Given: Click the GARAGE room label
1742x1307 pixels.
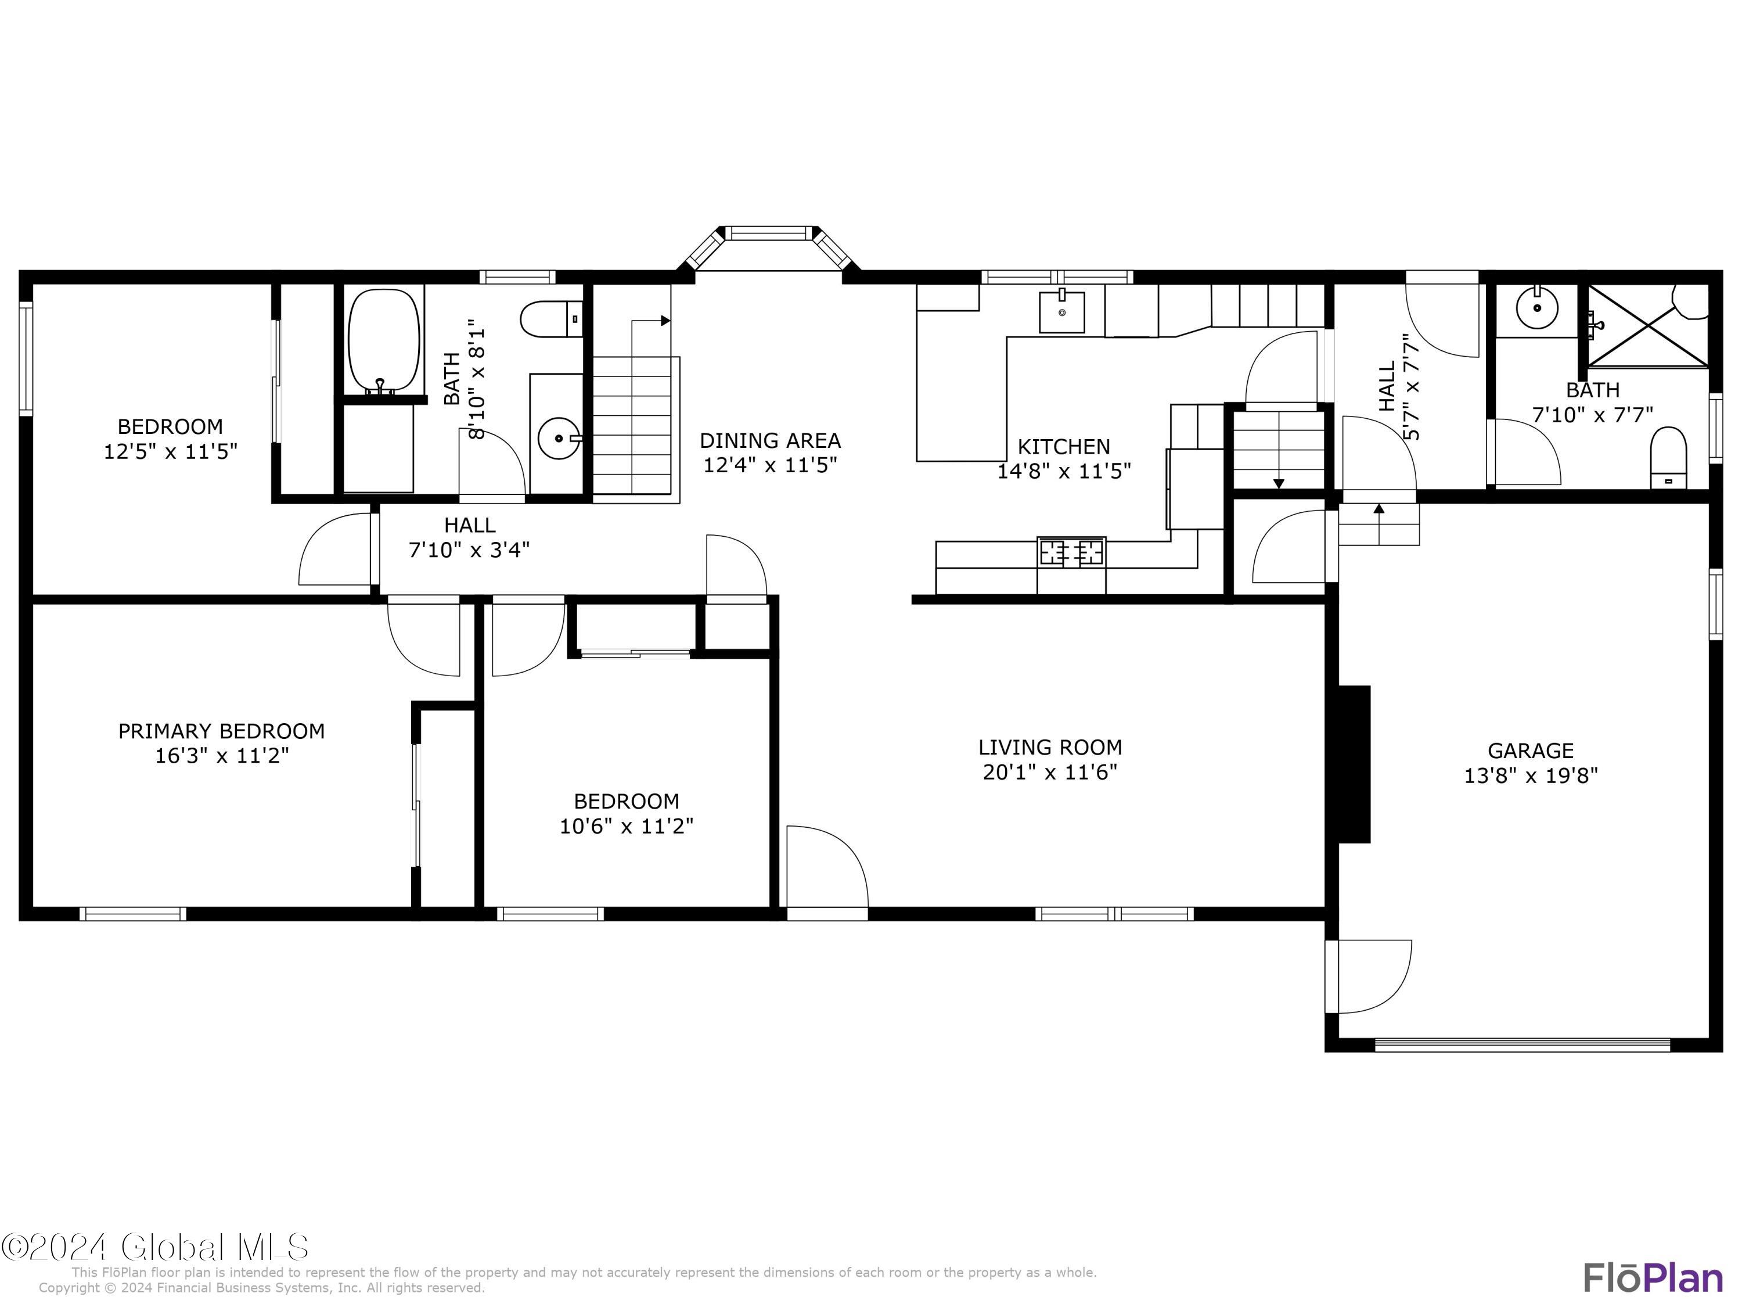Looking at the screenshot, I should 1529,750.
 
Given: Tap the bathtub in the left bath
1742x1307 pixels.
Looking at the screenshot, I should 384,340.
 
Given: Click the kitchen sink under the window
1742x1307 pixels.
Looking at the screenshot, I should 1061,311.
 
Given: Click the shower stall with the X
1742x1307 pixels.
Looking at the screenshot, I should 1646,325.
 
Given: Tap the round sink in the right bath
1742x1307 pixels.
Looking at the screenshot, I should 1536,308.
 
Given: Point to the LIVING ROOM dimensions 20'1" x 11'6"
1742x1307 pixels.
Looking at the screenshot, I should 1050,772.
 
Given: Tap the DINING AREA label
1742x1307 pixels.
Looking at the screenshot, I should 769,440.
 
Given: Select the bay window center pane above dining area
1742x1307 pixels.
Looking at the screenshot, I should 768,233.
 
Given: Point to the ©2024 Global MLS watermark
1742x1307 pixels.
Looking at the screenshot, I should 155,1247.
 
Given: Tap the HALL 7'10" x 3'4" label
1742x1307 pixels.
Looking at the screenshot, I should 469,537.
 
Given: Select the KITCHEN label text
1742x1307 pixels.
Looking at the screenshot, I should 1063,447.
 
